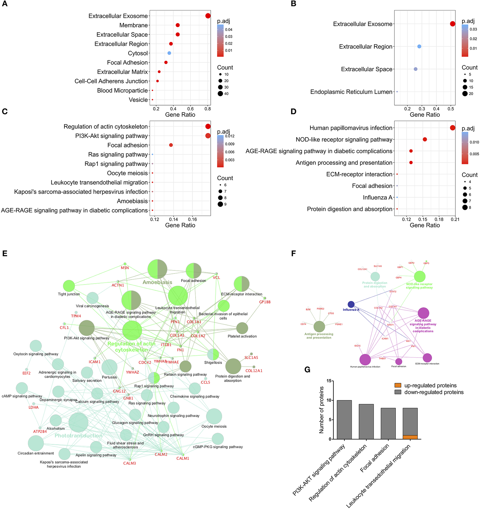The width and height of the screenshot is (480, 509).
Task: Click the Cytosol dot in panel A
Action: (169, 53)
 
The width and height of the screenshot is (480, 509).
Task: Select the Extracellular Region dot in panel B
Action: (419, 47)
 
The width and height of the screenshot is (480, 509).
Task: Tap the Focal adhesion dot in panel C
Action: (171, 145)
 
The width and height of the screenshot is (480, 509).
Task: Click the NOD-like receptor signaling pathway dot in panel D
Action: (425, 140)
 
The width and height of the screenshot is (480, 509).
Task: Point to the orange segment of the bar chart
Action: (410, 437)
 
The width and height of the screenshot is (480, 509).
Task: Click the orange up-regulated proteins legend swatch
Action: (398, 385)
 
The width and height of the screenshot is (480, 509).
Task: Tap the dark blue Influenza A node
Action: (351, 304)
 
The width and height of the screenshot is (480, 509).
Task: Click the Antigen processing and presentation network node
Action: (319, 327)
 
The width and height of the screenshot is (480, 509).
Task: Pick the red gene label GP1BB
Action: (265, 302)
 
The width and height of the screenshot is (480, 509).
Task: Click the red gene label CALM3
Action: (129, 463)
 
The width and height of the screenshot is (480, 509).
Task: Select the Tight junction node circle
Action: (69, 286)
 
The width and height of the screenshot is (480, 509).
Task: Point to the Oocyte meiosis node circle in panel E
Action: (214, 416)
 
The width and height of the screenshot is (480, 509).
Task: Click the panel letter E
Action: (5, 254)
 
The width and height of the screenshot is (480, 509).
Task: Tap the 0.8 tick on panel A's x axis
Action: (208, 109)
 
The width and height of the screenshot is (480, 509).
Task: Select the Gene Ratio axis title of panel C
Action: (180, 225)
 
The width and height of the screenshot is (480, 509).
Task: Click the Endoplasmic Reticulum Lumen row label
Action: (351, 92)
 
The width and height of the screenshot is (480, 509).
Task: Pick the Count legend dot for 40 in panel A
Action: (220, 94)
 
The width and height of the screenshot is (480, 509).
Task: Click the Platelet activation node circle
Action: (242, 328)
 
